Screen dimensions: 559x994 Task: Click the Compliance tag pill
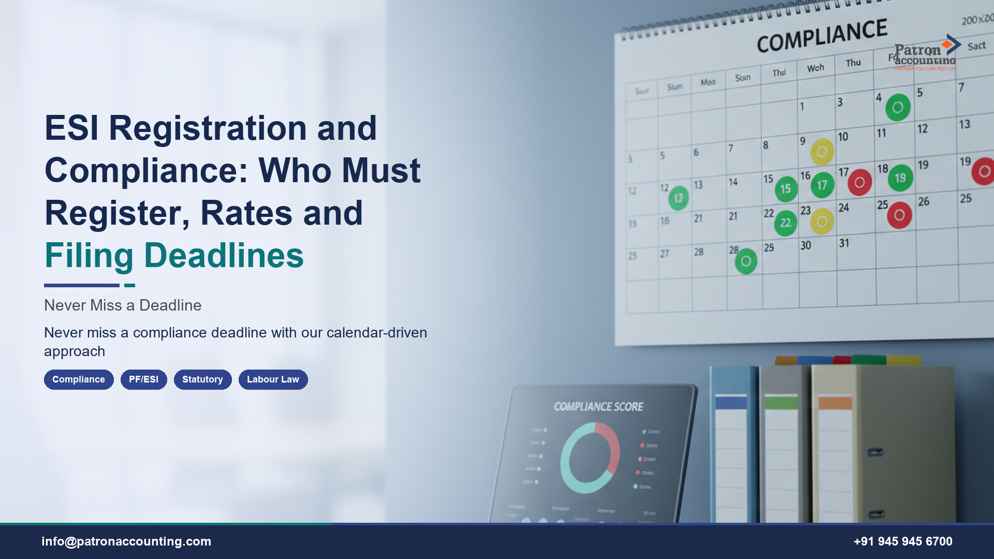(79, 379)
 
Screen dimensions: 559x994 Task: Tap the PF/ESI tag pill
(143, 379)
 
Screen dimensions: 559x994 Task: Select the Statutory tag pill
(202, 379)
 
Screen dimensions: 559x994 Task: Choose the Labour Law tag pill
(273, 379)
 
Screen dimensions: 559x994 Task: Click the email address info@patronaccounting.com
(126, 541)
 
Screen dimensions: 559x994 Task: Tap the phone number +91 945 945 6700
(903, 541)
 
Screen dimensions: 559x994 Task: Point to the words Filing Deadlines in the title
(174, 255)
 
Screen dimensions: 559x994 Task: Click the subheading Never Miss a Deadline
(123, 305)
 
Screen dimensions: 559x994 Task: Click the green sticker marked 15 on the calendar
(786, 189)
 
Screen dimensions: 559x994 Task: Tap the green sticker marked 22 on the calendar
(785, 223)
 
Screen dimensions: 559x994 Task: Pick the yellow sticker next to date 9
(822, 152)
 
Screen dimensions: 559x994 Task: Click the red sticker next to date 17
(859, 182)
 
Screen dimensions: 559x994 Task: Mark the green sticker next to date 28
(746, 261)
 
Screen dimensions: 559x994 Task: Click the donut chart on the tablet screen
(590, 458)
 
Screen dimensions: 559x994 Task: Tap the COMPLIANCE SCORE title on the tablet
(598, 407)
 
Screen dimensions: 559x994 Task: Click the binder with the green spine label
(781, 445)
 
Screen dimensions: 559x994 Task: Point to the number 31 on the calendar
(844, 243)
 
